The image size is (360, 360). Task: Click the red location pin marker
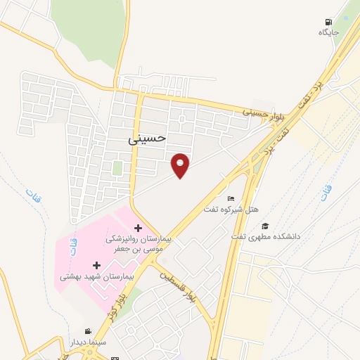(x=181, y=165)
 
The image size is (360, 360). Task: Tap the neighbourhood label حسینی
(x=147, y=138)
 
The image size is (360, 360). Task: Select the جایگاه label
(x=329, y=32)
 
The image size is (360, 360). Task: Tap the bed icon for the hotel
(x=231, y=200)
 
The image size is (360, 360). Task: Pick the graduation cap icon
(x=266, y=226)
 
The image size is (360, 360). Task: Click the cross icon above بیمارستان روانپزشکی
(x=138, y=228)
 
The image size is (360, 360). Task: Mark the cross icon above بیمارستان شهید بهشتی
(x=96, y=264)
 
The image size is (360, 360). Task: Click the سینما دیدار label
(x=88, y=342)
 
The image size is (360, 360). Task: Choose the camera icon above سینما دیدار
(x=88, y=331)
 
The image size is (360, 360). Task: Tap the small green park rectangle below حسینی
(x=117, y=168)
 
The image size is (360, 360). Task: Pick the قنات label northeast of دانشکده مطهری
(x=324, y=188)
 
